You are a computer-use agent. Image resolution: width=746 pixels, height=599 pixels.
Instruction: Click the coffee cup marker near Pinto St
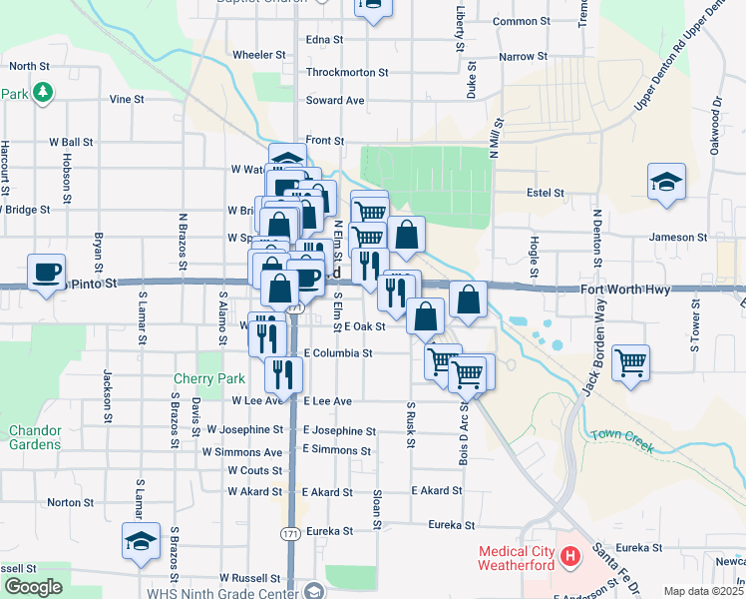pyautogui.click(x=48, y=274)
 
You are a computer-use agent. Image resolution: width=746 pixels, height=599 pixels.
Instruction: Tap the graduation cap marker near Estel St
pyautogui.click(x=666, y=183)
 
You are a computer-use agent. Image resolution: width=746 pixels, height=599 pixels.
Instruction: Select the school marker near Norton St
pyautogui.click(x=142, y=542)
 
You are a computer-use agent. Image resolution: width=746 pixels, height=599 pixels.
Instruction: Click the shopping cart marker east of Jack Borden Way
pyautogui.click(x=631, y=363)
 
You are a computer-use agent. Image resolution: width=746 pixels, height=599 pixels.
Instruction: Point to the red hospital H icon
pyautogui.click(x=569, y=555)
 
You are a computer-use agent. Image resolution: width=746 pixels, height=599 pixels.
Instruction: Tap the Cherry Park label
pyautogui.click(x=208, y=379)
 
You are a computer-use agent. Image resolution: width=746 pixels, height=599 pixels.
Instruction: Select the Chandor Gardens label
pyautogui.click(x=35, y=437)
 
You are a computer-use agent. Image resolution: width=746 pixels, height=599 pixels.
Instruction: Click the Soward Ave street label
pyautogui.click(x=335, y=100)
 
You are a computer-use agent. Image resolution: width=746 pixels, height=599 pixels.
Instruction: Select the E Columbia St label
pyautogui.click(x=338, y=352)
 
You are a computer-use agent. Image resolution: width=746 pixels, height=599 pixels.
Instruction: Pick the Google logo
pyautogui.click(x=32, y=587)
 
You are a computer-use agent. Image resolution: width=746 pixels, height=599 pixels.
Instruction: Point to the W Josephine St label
pyautogui.click(x=245, y=429)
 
